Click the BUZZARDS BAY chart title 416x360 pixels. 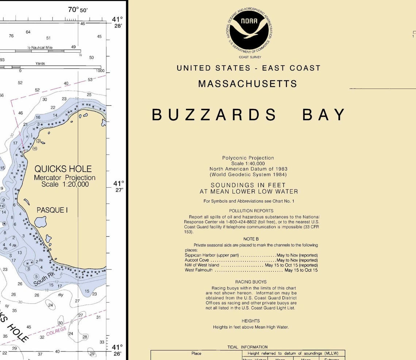249,115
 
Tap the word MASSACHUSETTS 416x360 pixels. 247,84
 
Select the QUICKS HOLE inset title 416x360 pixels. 63,169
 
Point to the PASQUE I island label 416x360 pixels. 52,210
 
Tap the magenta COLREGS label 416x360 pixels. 56,332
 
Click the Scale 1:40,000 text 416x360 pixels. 248,164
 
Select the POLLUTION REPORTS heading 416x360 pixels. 251,211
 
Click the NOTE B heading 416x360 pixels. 251,239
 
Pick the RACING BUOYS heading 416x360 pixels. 251,282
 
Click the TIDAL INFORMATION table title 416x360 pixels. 247,347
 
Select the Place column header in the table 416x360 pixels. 196,353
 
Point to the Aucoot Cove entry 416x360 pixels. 197,260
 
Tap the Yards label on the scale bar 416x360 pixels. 40,64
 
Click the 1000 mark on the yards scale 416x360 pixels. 100,71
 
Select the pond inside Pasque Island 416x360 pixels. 41,221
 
